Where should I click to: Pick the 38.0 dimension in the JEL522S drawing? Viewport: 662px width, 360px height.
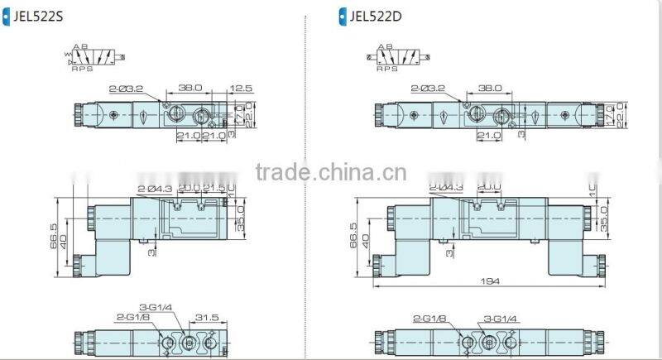click(190, 87)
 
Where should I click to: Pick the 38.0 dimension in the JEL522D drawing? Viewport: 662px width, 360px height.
click(489, 87)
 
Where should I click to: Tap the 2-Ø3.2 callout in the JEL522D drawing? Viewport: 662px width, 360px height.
click(426, 88)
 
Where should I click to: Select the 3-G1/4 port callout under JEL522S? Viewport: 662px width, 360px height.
click(156, 307)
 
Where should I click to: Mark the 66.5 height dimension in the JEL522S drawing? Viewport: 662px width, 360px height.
click(55, 234)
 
